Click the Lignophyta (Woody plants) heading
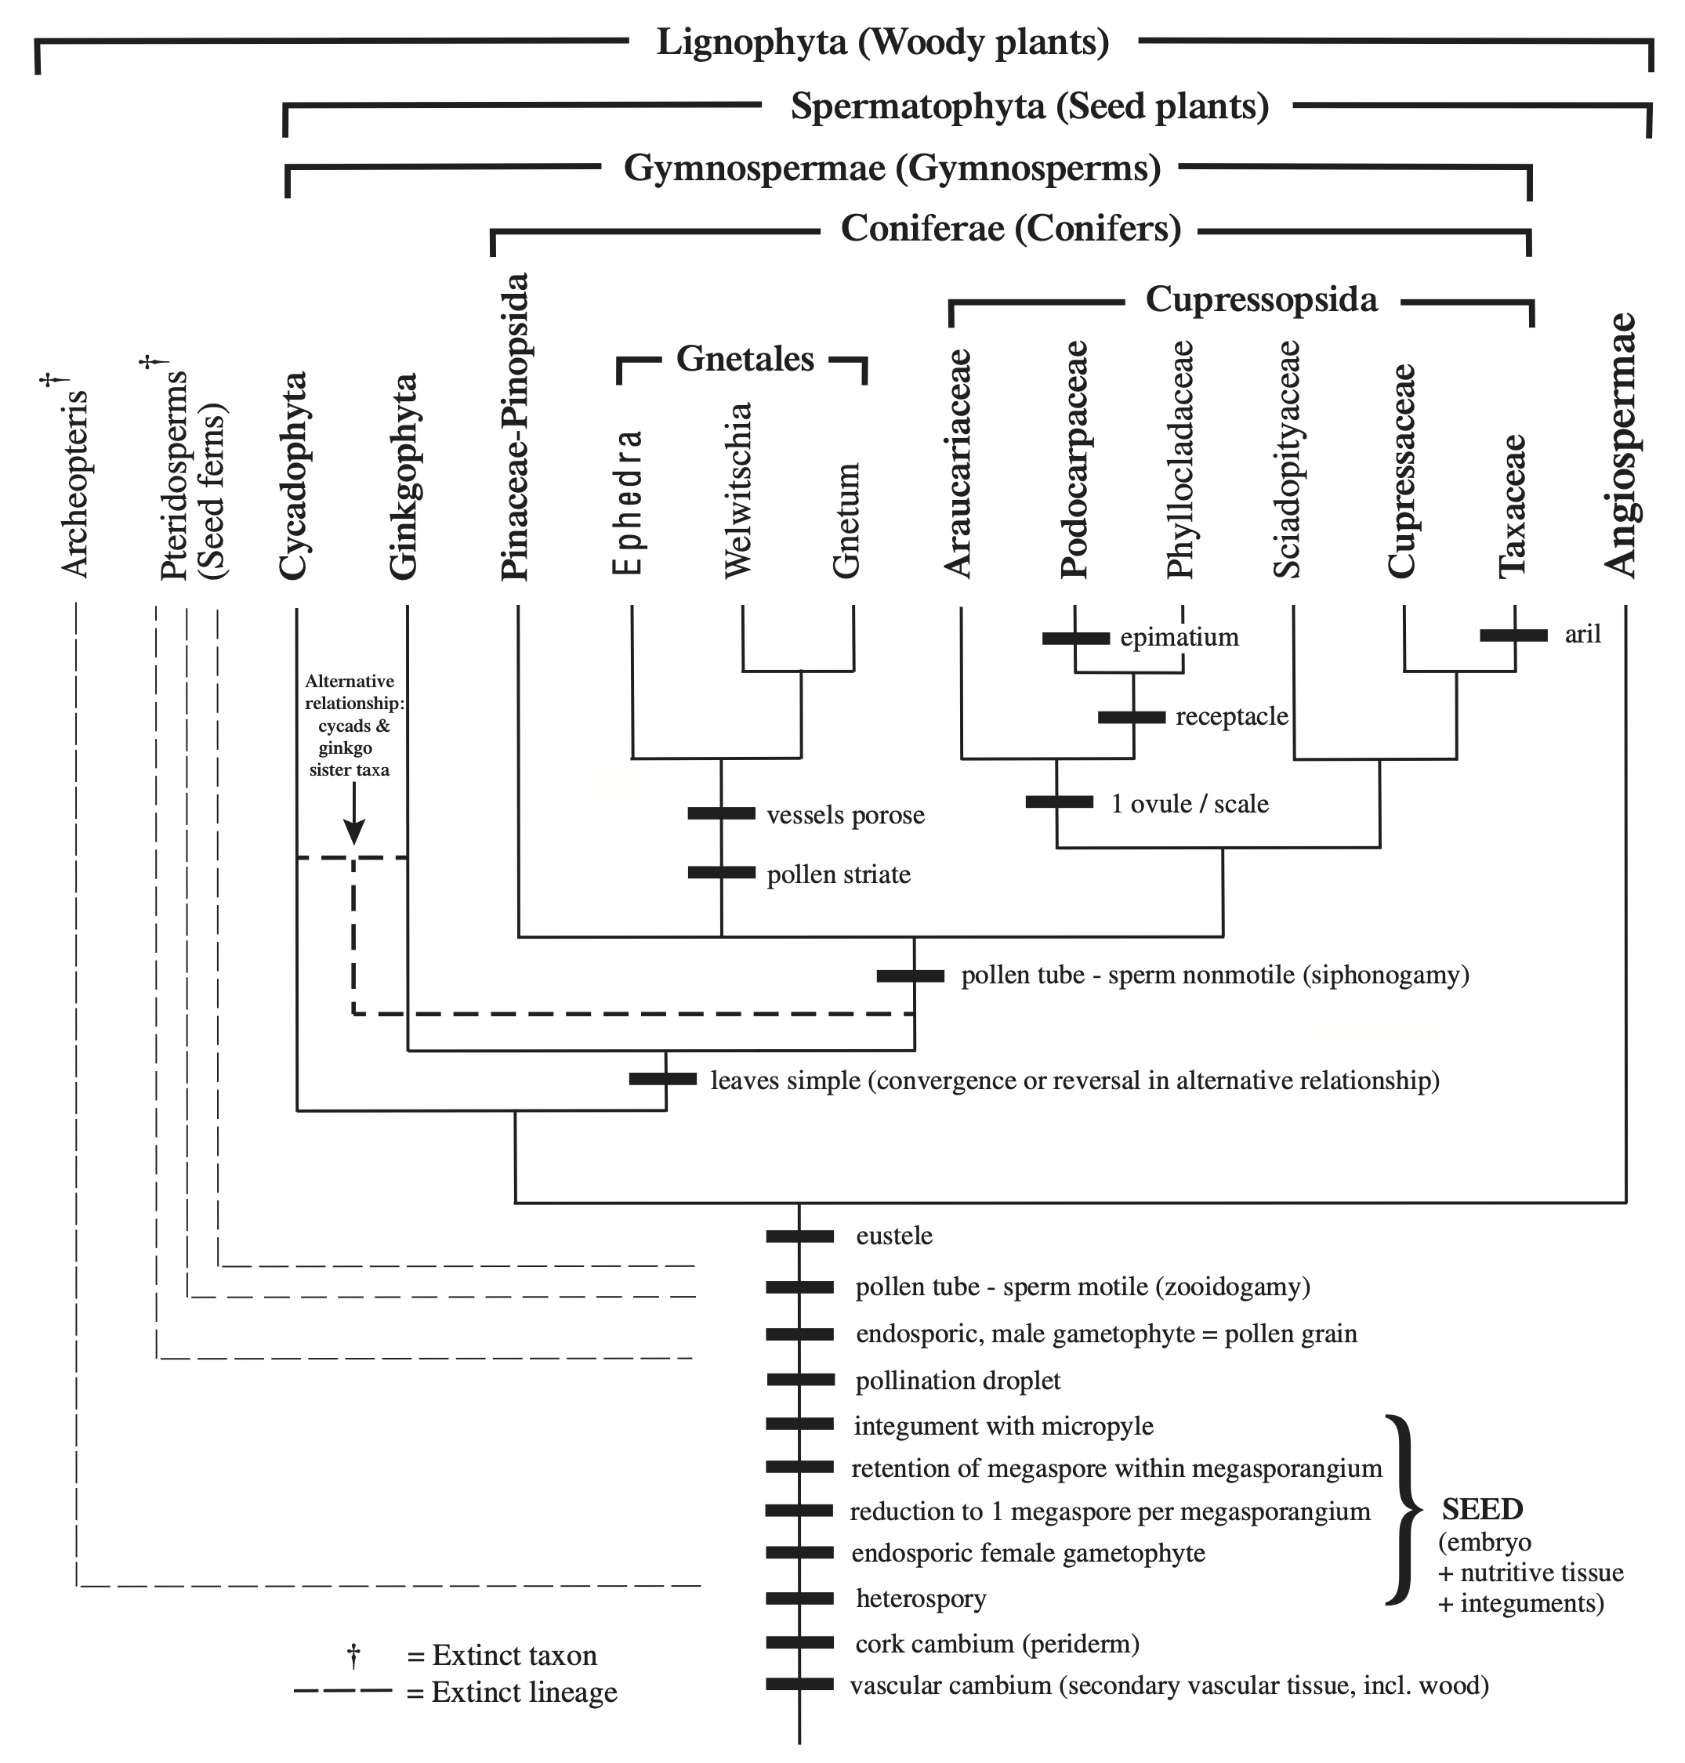point(883,42)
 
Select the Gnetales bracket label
point(745,358)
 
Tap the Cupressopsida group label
point(1261,299)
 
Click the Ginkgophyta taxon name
point(404,476)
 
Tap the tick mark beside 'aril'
point(1513,635)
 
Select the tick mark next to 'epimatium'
point(1075,638)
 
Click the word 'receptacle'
point(1231,717)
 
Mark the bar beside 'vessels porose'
point(721,813)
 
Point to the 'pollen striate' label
point(838,874)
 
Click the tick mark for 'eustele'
point(799,1236)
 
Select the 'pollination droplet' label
point(958,1381)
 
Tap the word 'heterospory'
point(921,1598)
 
